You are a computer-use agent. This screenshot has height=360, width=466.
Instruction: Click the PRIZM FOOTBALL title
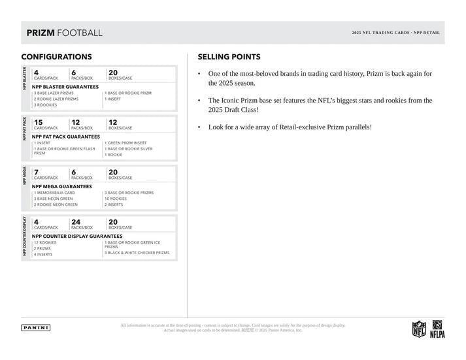coord(64,33)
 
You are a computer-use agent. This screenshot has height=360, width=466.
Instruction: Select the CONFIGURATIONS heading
coord(56,57)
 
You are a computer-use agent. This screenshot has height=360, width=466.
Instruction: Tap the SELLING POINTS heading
coord(229,57)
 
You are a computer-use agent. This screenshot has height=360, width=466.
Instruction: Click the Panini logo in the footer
coord(36,327)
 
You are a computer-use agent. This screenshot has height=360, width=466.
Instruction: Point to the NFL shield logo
coord(418,329)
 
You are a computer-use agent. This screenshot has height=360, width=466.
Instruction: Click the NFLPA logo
coord(437,329)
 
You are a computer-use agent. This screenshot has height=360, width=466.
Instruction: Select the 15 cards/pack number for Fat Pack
coord(38,122)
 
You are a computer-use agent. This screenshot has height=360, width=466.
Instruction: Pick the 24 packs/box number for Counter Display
coord(76,221)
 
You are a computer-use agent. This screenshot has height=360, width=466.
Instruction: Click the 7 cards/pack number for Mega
coord(36,172)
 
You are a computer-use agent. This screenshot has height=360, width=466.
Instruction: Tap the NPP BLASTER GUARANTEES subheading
coord(65,86)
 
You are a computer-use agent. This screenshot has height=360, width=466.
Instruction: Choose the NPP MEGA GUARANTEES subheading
coord(62,186)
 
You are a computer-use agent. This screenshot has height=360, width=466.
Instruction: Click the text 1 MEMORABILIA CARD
coord(54,193)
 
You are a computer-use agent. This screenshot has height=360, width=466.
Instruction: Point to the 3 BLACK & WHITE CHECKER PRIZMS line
coord(137,252)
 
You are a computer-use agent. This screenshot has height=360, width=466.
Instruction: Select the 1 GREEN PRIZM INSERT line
coord(125,142)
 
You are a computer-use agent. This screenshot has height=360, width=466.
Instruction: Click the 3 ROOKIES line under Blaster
coord(46,105)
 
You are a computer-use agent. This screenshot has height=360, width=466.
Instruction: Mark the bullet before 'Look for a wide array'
coord(199,127)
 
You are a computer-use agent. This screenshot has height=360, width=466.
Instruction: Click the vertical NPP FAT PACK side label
coord(25,129)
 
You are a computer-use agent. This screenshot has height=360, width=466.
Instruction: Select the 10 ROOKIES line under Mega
coord(116,199)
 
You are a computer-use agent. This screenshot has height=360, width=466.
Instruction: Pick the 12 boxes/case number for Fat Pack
coord(113,122)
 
